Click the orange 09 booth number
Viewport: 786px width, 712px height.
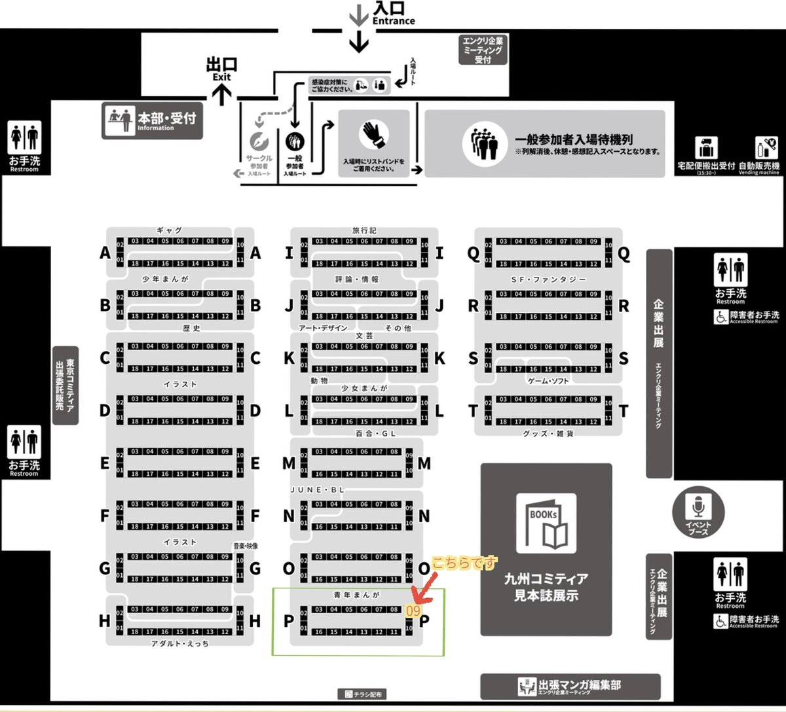click(413, 610)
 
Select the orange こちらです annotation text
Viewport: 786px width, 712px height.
click(464, 563)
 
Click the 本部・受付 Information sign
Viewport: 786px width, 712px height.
click(152, 120)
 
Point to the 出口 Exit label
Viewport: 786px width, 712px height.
click(221, 68)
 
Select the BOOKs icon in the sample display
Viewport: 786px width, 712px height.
click(546, 524)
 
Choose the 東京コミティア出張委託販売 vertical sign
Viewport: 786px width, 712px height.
click(65, 385)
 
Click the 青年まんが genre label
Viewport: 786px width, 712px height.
click(356, 596)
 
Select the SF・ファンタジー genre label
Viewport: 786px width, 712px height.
click(548, 279)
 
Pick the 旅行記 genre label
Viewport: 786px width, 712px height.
click(364, 230)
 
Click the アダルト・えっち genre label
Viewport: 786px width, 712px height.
click(180, 644)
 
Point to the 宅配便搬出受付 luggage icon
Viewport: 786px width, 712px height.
click(706, 148)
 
